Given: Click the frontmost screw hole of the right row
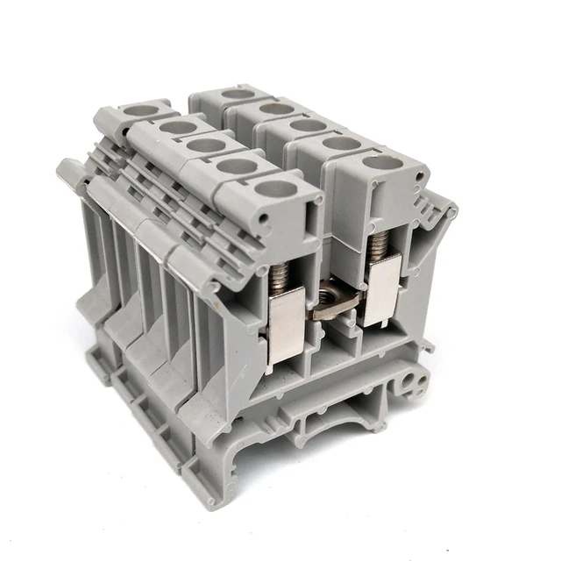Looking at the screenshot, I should [x=379, y=161].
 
